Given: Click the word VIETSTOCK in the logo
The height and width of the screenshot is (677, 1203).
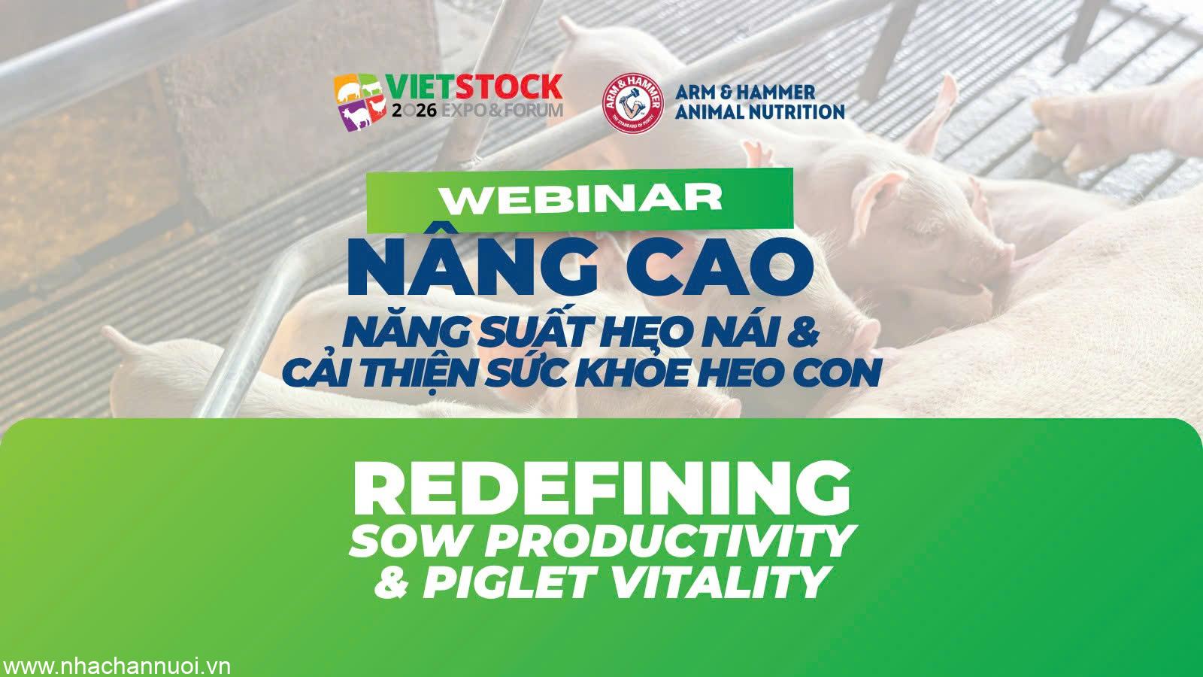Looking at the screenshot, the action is point(474,87).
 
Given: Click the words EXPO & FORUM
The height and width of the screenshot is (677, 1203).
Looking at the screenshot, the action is point(502,111).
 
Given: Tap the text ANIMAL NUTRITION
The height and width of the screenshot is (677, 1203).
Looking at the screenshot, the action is point(759,112).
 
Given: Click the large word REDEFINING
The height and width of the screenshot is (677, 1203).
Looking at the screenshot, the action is point(601,490).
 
